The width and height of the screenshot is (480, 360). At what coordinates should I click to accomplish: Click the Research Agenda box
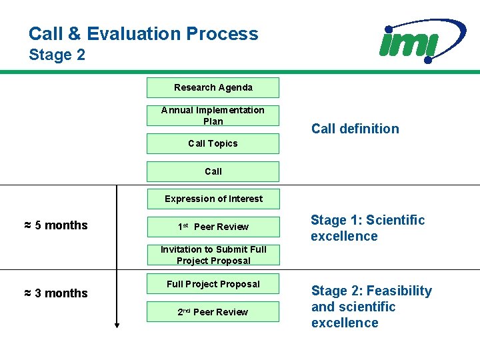tap(213, 87)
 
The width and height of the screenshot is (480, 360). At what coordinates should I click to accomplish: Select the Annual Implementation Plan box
tap(213, 115)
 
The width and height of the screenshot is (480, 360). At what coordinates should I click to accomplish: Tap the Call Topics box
tap(213, 143)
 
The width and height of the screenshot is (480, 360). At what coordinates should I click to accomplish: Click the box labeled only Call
tap(213, 171)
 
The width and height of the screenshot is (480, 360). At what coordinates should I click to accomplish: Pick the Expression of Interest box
tap(213, 199)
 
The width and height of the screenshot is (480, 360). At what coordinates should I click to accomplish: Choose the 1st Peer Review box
tap(213, 227)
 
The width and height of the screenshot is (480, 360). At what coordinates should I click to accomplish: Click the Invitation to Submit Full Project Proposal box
tap(213, 255)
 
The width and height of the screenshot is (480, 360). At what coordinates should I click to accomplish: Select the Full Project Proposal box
tap(213, 284)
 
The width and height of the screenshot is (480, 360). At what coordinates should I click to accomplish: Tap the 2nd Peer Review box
tap(213, 312)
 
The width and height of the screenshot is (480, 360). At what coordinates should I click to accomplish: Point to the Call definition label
tap(355, 129)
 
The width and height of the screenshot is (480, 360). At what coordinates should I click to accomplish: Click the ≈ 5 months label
tap(56, 225)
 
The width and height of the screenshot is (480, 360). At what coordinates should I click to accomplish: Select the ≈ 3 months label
tap(56, 293)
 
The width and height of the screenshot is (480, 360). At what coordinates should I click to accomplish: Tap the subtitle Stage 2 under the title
tap(57, 55)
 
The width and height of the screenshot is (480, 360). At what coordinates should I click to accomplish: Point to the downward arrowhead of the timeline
tap(117, 325)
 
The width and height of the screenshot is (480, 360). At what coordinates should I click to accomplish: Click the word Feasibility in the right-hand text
tap(399, 291)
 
